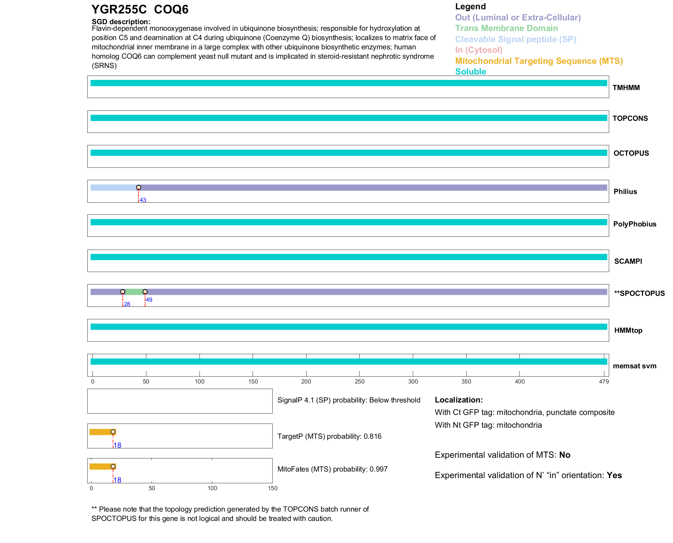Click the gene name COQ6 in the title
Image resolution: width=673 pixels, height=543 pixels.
tap(171, 10)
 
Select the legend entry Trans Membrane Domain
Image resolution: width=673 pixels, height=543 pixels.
tap(506, 28)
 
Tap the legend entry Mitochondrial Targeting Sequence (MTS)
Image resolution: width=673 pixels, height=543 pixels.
tap(539, 61)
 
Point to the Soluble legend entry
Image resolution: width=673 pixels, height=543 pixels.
tap(470, 72)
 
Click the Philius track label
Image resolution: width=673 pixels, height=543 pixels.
tap(625, 192)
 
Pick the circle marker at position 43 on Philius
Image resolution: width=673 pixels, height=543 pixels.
tap(139, 187)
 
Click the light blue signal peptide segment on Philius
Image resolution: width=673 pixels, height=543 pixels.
tap(114, 188)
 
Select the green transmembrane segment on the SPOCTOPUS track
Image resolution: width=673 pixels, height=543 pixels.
tap(134, 292)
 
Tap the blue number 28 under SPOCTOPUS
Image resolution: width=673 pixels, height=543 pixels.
tap(127, 304)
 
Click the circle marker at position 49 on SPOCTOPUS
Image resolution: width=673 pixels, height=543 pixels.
tap(145, 292)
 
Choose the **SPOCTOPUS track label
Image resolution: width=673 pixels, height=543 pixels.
tap(639, 293)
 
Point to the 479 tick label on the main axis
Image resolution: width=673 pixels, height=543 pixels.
tap(604, 381)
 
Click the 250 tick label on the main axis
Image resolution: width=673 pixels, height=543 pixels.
tap(359, 381)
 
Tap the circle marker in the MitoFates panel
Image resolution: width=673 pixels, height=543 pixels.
tap(113, 466)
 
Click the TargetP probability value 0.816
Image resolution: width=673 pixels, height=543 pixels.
tap(372, 436)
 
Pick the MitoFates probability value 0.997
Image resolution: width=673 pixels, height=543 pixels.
tap(378, 469)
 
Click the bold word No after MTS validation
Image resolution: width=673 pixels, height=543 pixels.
tap(565, 455)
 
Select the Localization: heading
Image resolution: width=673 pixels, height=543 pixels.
tap(459, 400)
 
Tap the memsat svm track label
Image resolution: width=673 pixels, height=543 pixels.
tap(634, 366)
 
